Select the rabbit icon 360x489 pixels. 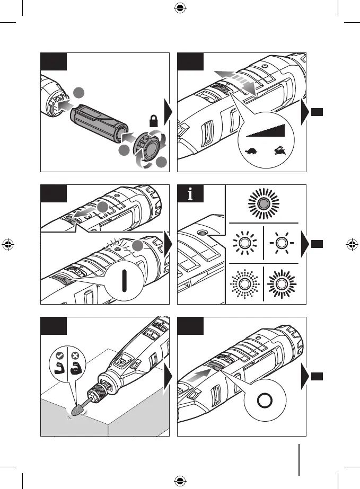(x=278, y=152)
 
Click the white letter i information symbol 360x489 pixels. (x=190, y=195)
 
